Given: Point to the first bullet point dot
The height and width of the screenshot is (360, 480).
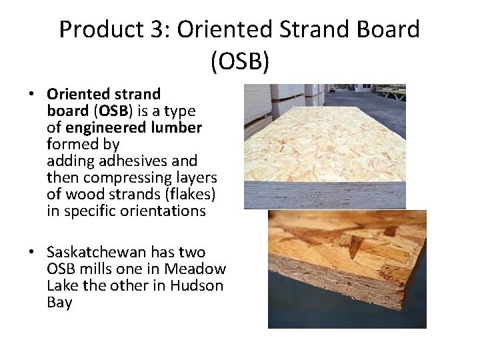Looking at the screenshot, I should [31, 94].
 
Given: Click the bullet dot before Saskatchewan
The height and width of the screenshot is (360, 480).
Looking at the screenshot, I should [31, 253].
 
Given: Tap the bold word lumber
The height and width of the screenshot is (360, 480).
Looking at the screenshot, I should [176, 127].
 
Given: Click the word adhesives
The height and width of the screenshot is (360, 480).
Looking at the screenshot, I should [127, 161].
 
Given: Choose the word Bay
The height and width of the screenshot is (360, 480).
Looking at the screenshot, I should [59, 303].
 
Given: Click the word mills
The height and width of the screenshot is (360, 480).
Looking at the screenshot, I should [93, 269].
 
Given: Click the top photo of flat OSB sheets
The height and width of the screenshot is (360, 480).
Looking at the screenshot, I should [325, 146].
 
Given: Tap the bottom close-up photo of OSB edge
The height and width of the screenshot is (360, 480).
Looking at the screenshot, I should [347, 269].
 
